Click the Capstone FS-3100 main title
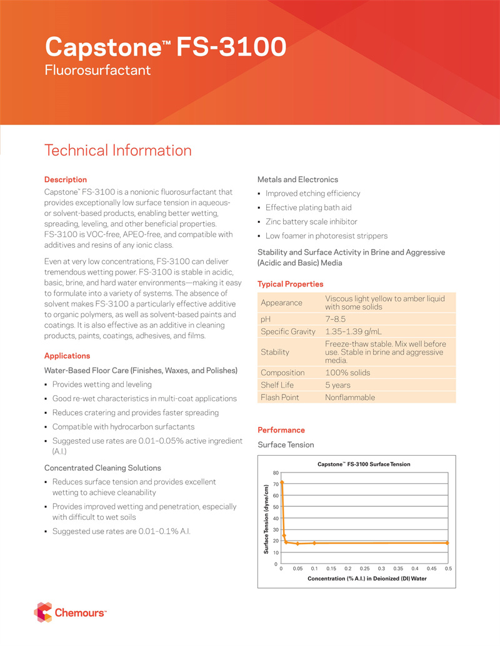click(x=166, y=47)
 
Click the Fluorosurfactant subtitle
click(x=97, y=70)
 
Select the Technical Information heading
click(x=118, y=150)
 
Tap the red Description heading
click(x=66, y=180)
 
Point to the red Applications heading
click(x=67, y=356)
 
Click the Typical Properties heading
click(x=291, y=284)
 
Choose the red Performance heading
click(x=281, y=430)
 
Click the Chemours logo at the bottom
click(x=70, y=613)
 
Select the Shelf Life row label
click(x=277, y=385)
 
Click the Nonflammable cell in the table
click(x=350, y=398)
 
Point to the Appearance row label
click(x=281, y=303)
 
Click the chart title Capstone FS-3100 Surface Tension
click(x=364, y=464)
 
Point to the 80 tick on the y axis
click(x=276, y=472)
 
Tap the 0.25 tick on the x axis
click(x=365, y=569)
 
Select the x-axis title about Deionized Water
click(x=362, y=579)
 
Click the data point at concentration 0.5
click(x=447, y=542)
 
